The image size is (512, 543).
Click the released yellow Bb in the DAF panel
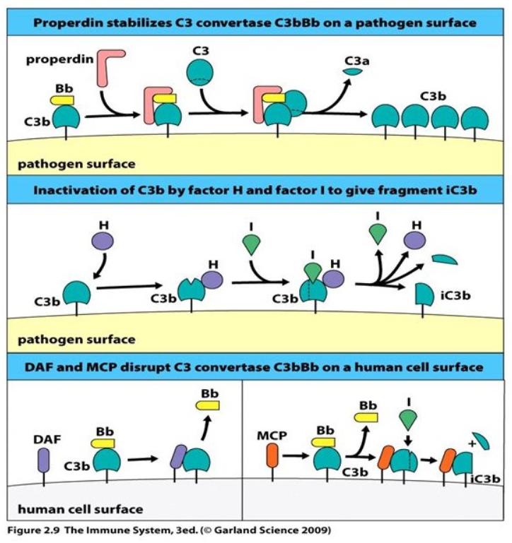(x=209, y=406)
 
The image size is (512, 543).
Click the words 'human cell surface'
(x=80, y=508)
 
